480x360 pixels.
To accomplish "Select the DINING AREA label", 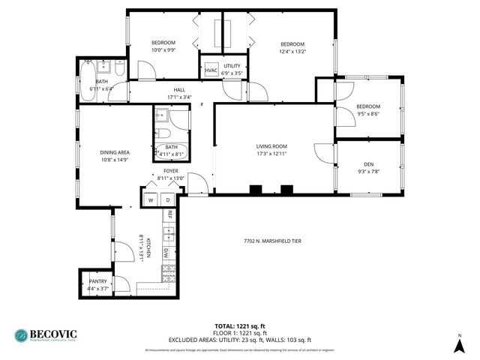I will click(115, 152).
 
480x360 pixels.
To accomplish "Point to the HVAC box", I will click(211, 70).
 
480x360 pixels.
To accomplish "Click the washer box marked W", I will click(150, 199).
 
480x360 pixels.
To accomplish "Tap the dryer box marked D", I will click(168, 199).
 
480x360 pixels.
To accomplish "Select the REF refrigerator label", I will click(170, 214).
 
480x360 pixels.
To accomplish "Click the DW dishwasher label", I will click(165, 253).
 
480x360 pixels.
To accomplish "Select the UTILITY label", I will click(232, 66).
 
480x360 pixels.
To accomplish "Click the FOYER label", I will click(172, 171).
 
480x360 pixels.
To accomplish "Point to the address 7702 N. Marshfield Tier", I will click(272, 241).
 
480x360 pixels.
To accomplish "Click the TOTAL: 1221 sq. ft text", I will click(239, 325).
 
